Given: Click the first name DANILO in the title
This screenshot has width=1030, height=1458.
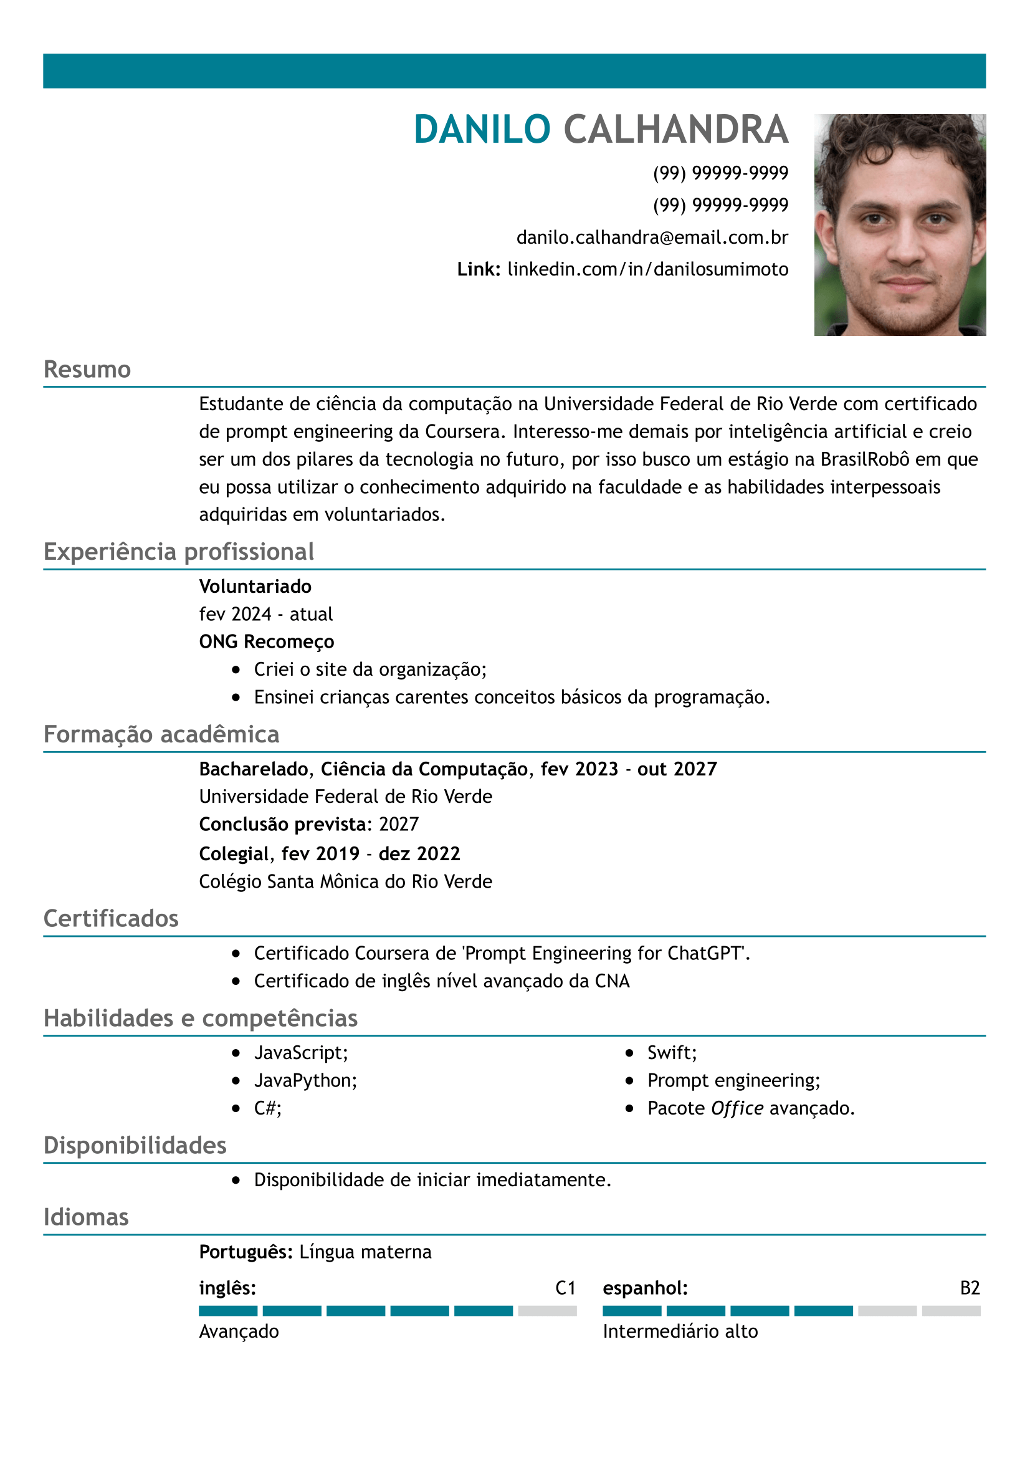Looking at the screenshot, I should pos(482,130).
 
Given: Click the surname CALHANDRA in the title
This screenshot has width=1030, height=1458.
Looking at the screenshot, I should pos(675,130).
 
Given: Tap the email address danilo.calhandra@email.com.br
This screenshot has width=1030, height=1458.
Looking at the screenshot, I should pos(652,237).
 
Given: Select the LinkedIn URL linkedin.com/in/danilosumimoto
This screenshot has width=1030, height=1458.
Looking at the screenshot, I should pos(647,269).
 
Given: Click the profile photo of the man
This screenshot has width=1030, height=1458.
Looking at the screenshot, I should pos(899,225).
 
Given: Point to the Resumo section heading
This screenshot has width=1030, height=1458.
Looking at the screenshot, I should pos(87,370).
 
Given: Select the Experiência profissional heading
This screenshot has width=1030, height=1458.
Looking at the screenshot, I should pos(178,552).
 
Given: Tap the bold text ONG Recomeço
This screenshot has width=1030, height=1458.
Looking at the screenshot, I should pos(267,642).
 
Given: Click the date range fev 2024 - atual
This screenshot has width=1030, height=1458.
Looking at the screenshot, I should pos(265,614).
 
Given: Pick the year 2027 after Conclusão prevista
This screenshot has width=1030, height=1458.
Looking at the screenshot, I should pos(399,824).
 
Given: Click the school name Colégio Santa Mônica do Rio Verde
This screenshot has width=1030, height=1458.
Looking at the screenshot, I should pos(345,881).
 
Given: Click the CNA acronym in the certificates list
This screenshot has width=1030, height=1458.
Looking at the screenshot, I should pos(612,981).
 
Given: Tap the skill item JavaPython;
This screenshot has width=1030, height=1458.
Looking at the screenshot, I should pos(305,1080).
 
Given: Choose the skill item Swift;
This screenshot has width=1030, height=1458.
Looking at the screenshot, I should pos(672,1053).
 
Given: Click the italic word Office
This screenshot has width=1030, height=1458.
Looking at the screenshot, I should pos(737,1108).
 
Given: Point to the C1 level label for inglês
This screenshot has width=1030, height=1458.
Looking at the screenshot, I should pos(565,1288).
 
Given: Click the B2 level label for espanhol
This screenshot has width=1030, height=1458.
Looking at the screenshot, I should pos(970,1288).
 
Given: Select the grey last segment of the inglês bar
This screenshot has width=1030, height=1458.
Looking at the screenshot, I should pos(547,1311).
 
